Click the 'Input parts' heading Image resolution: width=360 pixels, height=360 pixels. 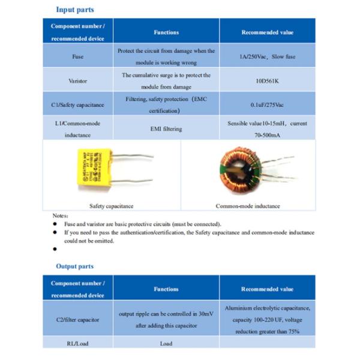[x=74, y=10]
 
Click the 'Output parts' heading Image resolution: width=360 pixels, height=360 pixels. [x=74, y=266]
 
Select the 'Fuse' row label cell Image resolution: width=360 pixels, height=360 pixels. [x=78, y=56]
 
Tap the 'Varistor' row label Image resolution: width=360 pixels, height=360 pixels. [x=78, y=80]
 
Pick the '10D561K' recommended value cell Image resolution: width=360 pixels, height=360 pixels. [x=267, y=80]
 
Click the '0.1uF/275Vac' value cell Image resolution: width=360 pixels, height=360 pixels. [x=267, y=104]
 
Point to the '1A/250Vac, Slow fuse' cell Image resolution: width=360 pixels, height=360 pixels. [x=267, y=56]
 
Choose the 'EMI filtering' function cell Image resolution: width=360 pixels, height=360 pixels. [x=166, y=128]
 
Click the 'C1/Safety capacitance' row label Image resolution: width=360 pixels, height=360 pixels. [x=77, y=104]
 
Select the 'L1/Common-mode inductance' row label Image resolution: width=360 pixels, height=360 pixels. [x=77, y=128]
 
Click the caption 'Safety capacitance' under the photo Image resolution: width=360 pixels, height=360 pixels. [x=111, y=206]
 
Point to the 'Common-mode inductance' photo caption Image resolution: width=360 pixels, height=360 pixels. [x=248, y=206]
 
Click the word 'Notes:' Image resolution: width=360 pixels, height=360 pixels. [x=61, y=215]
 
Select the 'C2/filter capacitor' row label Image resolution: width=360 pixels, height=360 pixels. [x=77, y=319]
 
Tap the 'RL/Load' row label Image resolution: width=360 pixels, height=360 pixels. [x=77, y=343]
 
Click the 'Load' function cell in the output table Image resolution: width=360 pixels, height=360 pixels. [x=166, y=343]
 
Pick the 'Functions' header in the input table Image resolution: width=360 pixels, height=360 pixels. [x=166, y=32]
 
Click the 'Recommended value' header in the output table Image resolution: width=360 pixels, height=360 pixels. [x=267, y=289]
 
